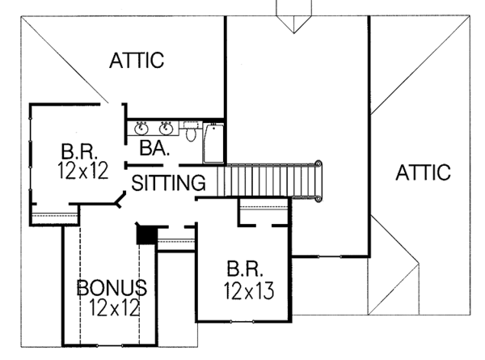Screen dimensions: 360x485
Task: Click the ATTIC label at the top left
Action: [137, 60]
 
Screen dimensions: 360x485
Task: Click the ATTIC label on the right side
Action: [423, 172]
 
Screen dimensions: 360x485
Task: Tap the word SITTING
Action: [168, 184]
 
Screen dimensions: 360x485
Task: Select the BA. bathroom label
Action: [154, 148]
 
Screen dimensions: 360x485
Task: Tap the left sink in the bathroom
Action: [141, 127]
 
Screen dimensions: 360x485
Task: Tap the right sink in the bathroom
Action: [167, 127]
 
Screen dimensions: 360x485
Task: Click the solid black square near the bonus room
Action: [145, 234]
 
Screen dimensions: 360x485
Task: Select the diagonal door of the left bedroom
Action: [121, 198]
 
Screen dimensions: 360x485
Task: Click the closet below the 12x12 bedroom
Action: [53, 215]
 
